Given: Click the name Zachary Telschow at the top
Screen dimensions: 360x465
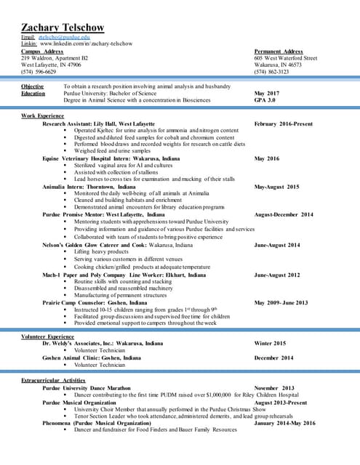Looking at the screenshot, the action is click(63, 28).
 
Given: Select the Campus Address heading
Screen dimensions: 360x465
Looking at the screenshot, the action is click(42, 52).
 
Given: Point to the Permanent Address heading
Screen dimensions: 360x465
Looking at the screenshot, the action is click(279, 52).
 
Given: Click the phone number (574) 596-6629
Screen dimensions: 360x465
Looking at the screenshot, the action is click(39, 72).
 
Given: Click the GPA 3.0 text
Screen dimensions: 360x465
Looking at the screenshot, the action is click(265, 100).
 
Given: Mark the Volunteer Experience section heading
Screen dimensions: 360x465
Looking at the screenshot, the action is click(48, 336).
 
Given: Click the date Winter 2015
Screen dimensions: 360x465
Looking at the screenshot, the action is click(270, 343).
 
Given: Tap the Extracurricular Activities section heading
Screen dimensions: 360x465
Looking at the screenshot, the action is click(53, 380).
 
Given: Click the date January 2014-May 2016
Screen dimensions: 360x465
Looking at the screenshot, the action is click(285, 422).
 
